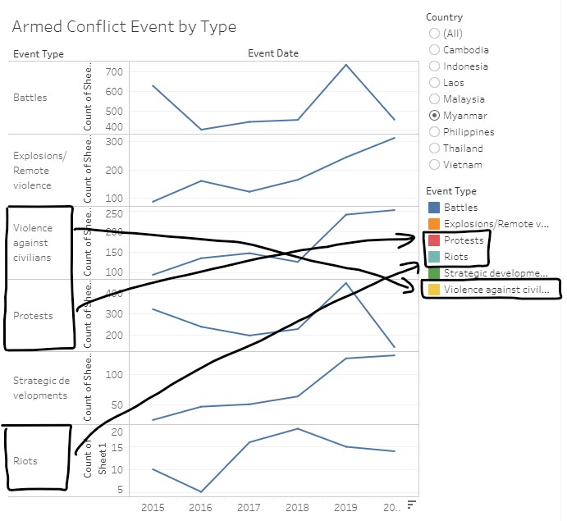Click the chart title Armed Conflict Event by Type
[124, 26]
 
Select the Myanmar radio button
[434, 116]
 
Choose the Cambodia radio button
[434, 50]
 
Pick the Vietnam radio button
[434, 165]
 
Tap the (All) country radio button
[434, 34]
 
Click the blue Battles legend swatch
[434, 208]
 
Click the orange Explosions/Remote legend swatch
[434, 224]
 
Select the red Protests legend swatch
[434, 240]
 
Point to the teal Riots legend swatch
[434, 257]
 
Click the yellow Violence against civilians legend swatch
[434, 290]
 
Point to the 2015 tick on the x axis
[153, 508]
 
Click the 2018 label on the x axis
[297, 508]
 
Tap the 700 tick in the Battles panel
[113, 72]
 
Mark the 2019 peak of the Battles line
[345, 65]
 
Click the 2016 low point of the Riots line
[201, 492]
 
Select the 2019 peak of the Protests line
[345, 283]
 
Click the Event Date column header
[273, 53]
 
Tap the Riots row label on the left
[25, 461]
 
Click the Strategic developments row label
[40, 388]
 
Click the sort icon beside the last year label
[412, 504]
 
